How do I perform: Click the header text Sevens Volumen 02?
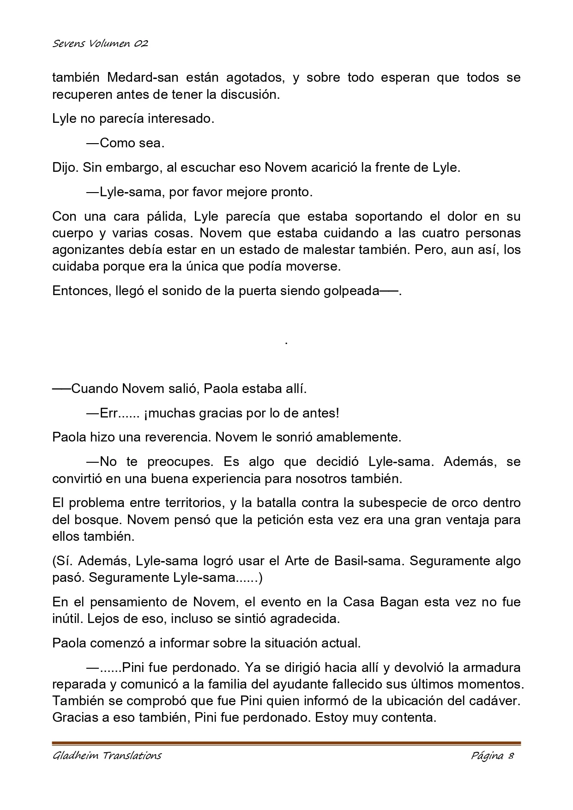[x=100, y=44]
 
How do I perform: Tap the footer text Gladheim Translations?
[x=107, y=756]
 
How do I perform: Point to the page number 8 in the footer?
[x=511, y=756]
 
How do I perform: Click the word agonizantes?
[x=94, y=249]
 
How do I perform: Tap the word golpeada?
[x=351, y=291]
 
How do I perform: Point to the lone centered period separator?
[x=287, y=342]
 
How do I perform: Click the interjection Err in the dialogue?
[x=109, y=413]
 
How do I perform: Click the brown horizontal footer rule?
[x=286, y=743]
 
